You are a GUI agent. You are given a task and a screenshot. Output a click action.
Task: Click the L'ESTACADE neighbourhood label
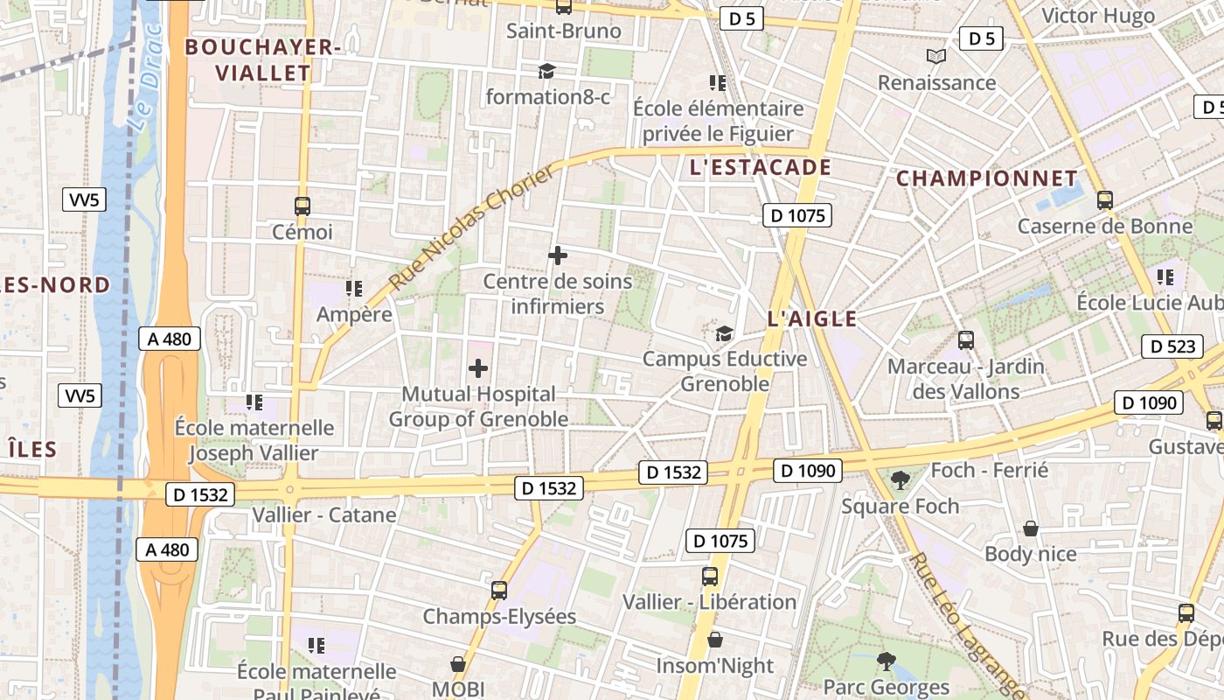point(760,167)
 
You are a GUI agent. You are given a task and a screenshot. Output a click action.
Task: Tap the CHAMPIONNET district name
point(986,178)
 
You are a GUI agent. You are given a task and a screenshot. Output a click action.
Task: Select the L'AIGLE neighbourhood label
point(812,319)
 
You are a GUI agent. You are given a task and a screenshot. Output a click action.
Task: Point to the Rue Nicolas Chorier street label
point(471,228)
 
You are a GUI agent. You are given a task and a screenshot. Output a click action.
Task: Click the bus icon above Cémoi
point(303,206)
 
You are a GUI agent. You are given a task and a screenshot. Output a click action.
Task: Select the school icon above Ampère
point(354,288)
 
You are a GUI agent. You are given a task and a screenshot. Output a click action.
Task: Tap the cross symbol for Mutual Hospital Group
point(478,368)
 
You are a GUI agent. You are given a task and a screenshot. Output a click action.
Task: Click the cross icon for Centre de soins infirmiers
point(558,255)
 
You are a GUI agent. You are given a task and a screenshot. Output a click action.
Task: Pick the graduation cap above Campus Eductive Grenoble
point(725,333)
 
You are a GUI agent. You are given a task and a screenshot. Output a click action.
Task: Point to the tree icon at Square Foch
point(900,479)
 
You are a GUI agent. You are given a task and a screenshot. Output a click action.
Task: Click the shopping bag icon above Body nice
point(1031,528)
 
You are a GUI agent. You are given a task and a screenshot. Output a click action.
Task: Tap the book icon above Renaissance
point(936,57)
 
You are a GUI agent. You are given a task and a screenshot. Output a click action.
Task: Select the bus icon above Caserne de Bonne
point(1104,200)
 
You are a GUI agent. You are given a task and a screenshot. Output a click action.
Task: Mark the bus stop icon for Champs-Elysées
point(499,591)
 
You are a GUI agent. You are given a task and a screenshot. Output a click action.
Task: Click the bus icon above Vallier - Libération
point(710,577)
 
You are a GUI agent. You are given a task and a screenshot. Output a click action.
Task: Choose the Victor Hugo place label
point(1098,16)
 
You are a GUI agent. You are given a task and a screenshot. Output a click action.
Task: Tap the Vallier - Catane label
point(324,514)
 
